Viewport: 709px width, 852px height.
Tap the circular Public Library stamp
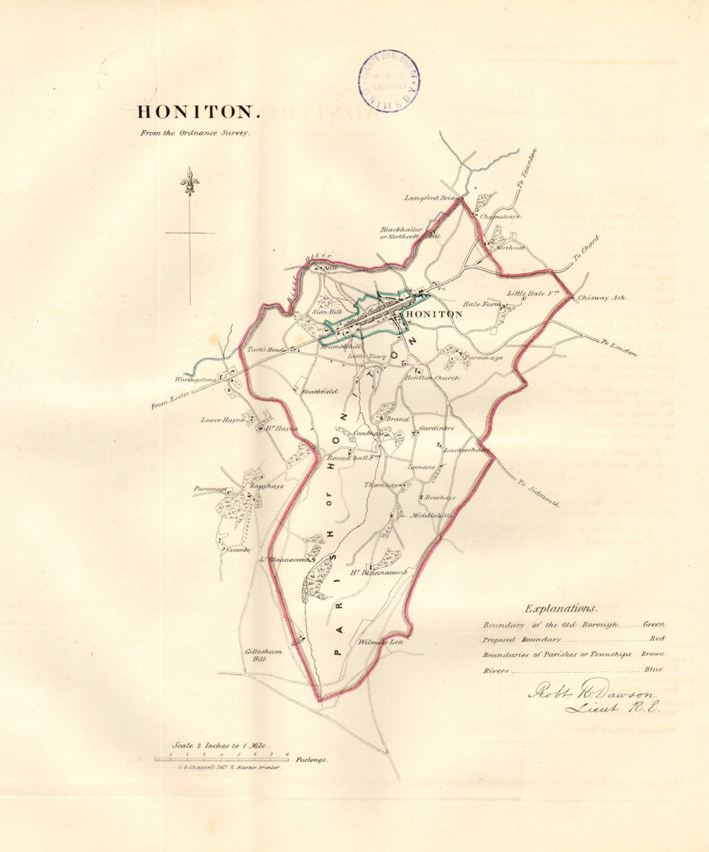point(388,81)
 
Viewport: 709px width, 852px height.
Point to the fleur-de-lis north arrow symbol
point(189,182)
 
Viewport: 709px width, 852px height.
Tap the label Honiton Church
point(432,378)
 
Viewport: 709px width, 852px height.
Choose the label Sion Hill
point(326,311)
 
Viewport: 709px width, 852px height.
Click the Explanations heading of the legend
point(561,608)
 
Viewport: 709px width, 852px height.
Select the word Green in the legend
point(654,624)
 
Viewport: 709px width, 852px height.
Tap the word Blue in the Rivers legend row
point(654,669)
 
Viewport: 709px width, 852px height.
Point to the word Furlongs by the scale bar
point(312,759)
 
